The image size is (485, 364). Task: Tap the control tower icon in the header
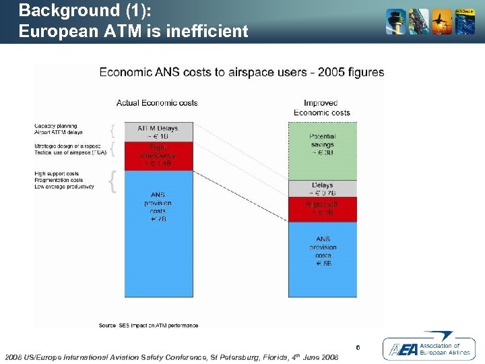click(x=395, y=22)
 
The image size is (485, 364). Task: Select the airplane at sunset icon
click(x=442, y=22)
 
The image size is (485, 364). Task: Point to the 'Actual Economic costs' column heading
click(x=157, y=102)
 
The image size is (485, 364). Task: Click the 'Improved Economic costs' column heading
click(x=322, y=108)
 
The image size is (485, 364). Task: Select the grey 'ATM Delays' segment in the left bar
click(x=158, y=132)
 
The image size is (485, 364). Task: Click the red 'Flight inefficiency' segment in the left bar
click(x=158, y=156)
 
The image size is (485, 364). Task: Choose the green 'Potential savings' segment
click(x=322, y=150)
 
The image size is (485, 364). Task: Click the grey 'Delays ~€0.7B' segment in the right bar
click(x=322, y=189)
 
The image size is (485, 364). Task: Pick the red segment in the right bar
click(x=322, y=210)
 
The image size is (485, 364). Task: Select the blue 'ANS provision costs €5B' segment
click(x=322, y=260)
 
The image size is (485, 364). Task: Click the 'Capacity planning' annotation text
click(x=56, y=126)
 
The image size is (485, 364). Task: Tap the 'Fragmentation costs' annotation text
click(x=59, y=180)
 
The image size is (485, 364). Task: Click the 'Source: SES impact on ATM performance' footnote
click(x=148, y=326)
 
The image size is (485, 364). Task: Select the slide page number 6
click(x=358, y=347)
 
